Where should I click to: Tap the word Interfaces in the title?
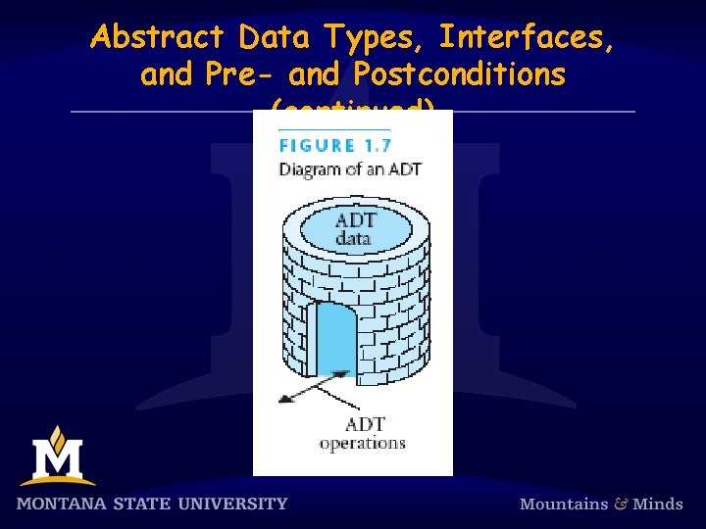tap(527, 37)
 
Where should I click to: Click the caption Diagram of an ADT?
tap(350, 168)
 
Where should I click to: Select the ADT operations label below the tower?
tap(362, 433)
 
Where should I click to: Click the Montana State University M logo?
tap(57, 458)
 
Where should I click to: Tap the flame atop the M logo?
tap(58, 434)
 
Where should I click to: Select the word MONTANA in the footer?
tap(67, 504)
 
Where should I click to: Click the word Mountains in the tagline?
tap(564, 504)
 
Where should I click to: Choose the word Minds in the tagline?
tap(657, 504)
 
